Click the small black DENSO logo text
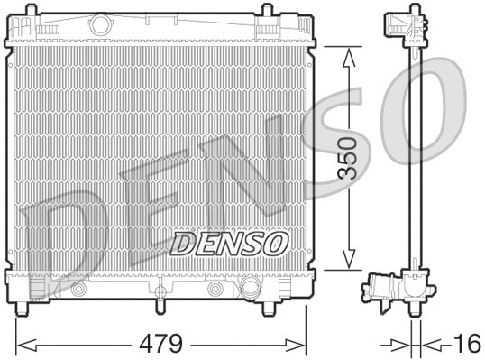coord(229,243)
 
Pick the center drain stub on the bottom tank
coord(159,294)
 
